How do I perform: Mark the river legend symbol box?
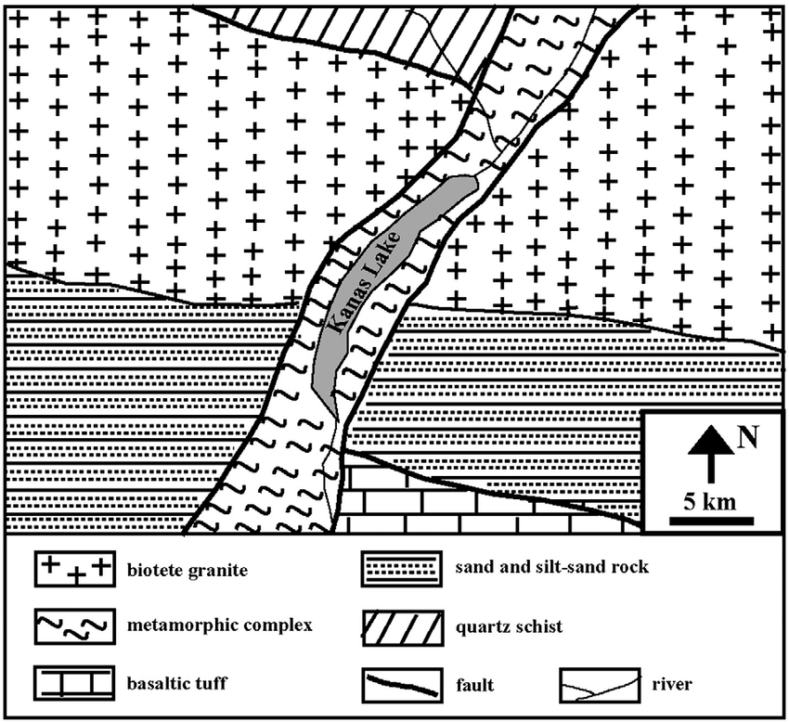599,685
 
